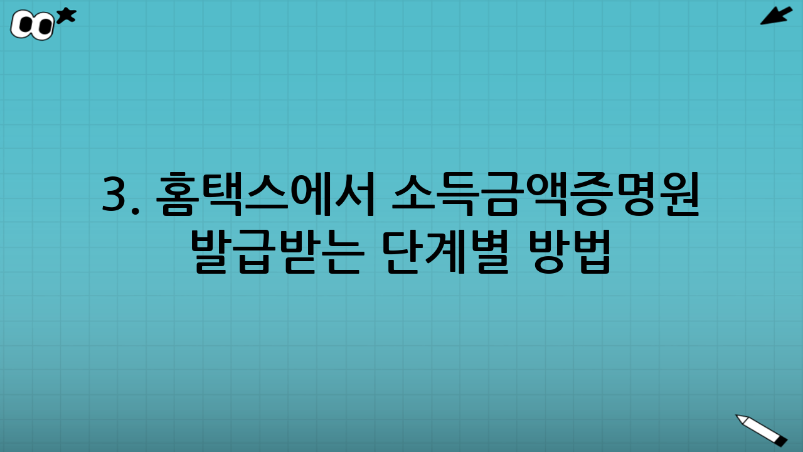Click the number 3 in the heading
coord(114,195)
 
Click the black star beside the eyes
coord(66,16)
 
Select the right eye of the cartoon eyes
coord(44,27)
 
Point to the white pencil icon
coord(761,429)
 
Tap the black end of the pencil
coord(781,441)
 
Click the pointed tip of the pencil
coord(738,416)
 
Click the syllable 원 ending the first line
coord(679,195)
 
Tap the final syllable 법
coord(591,251)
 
